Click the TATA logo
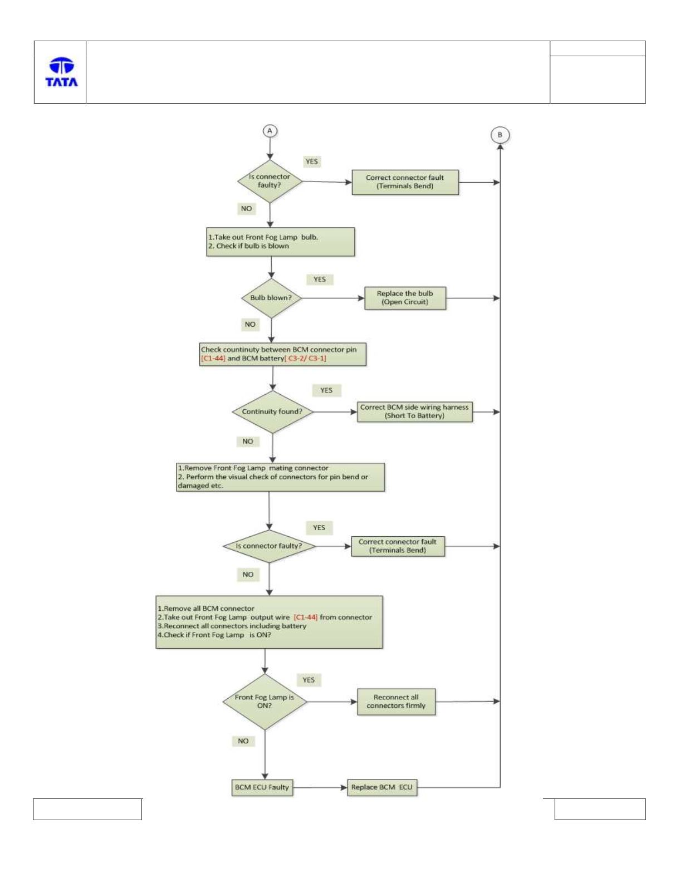pos(61,72)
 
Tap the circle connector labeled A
pos(270,131)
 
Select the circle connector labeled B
pos(500,135)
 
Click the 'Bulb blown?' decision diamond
pos(271,298)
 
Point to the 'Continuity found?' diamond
pos(272,411)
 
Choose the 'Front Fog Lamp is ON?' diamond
pos(265,701)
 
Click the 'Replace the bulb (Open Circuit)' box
pos(405,298)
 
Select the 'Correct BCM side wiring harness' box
pos(415,411)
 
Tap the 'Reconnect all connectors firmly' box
pos(396,702)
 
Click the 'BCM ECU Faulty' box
pos(262,787)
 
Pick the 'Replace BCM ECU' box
pos(382,787)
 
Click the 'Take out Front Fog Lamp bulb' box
pos(281,242)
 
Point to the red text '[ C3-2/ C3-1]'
pos(305,359)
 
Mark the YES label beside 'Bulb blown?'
pos(320,279)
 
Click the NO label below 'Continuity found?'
pos(248,441)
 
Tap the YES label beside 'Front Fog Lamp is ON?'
pos(309,680)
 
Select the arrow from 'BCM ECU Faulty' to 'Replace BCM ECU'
pos(320,787)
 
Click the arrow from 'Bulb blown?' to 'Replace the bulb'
pos(333,298)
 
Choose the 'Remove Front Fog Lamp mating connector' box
pos(280,477)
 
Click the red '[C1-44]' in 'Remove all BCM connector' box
pos(305,617)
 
